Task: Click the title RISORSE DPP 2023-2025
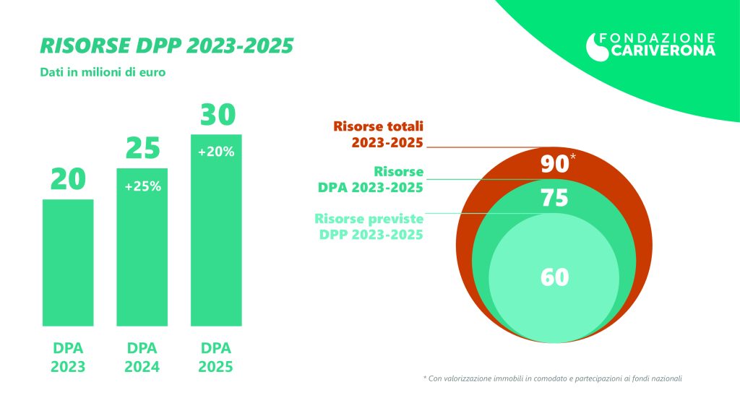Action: click(x=166, y=45)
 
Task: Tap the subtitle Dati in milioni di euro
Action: click(x=102, y=72)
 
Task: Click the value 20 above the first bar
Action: click(x=68, y=180)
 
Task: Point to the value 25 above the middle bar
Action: click(x=142, y=149)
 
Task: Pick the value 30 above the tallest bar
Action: click(x=217, y=116)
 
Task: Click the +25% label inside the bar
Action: click(x=142, y=186)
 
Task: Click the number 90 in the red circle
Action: click(x=554, y=164)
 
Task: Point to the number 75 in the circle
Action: click(x=554, y=198)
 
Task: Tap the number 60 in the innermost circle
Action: click(x=554, y=277)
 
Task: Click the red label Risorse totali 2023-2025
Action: click(x=378, y=134)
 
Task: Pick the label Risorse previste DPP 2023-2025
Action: click(x=369, y=227)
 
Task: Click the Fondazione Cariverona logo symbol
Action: click(x=597, y=46)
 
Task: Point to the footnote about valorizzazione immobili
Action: click(x=553, y=378)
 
